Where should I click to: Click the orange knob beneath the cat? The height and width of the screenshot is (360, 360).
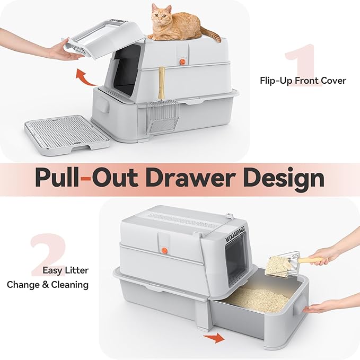click(x=182, y=62)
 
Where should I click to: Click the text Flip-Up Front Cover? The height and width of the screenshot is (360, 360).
click(x=302, y=81)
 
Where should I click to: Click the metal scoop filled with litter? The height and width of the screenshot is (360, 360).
click(x=280, y=263)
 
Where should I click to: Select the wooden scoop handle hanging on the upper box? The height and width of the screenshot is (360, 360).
click(x=162, y=84)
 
